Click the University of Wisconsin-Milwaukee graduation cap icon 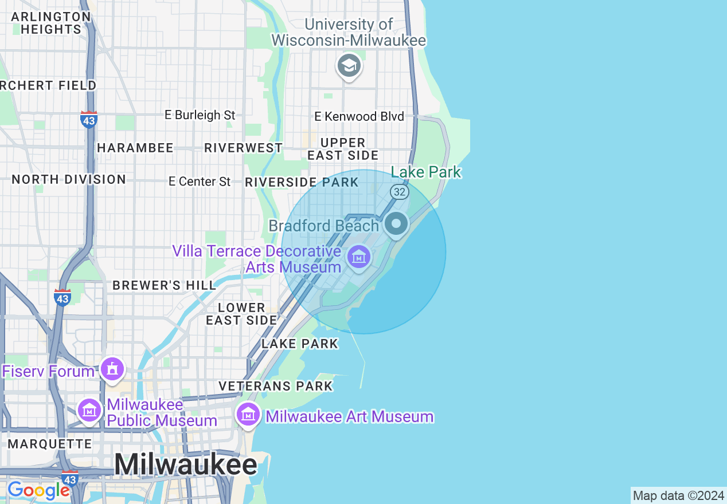[349, 66]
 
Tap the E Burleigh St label [200, 115]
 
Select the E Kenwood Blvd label [359, 116]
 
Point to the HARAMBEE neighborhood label [135, 148]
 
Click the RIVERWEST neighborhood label [243, 148]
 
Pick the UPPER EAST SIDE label [343, 149]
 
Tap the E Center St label [200, 182]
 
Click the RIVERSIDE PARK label [302, 183]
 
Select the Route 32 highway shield [399, 191]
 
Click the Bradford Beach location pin [396, 223]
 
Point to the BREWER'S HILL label [164, 285]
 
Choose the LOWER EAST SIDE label [241, 314]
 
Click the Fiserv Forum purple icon [112, 369]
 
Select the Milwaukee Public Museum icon [89, 410]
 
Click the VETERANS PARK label [275, 386]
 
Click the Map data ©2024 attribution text [678, 495]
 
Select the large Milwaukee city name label [185, 464]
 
